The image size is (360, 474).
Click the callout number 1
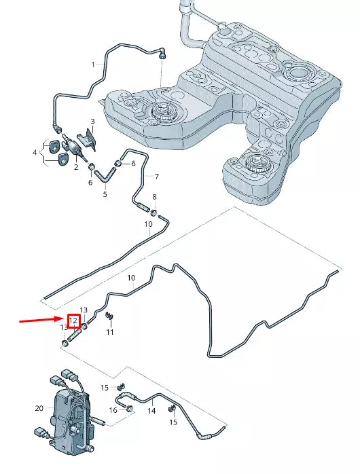(94, 65)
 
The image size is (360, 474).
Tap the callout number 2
(76, 167)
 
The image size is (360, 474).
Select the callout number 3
(92, 122)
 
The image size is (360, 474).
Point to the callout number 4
(35, 152)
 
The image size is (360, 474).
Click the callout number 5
(105, 194)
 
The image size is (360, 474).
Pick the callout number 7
(156, 177)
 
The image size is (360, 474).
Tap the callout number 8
(154, 197)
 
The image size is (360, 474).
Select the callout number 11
(110, 332)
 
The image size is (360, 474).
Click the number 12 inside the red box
(73, 321)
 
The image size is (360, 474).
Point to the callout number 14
(151, 411)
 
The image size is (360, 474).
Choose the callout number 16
(113, 410)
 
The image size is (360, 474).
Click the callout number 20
(39, 408)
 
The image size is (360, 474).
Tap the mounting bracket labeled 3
(87, 139)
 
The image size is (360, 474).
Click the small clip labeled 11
(109, 316)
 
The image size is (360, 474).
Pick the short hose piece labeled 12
(75, 335)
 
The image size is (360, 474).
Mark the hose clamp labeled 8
(154, 213)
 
